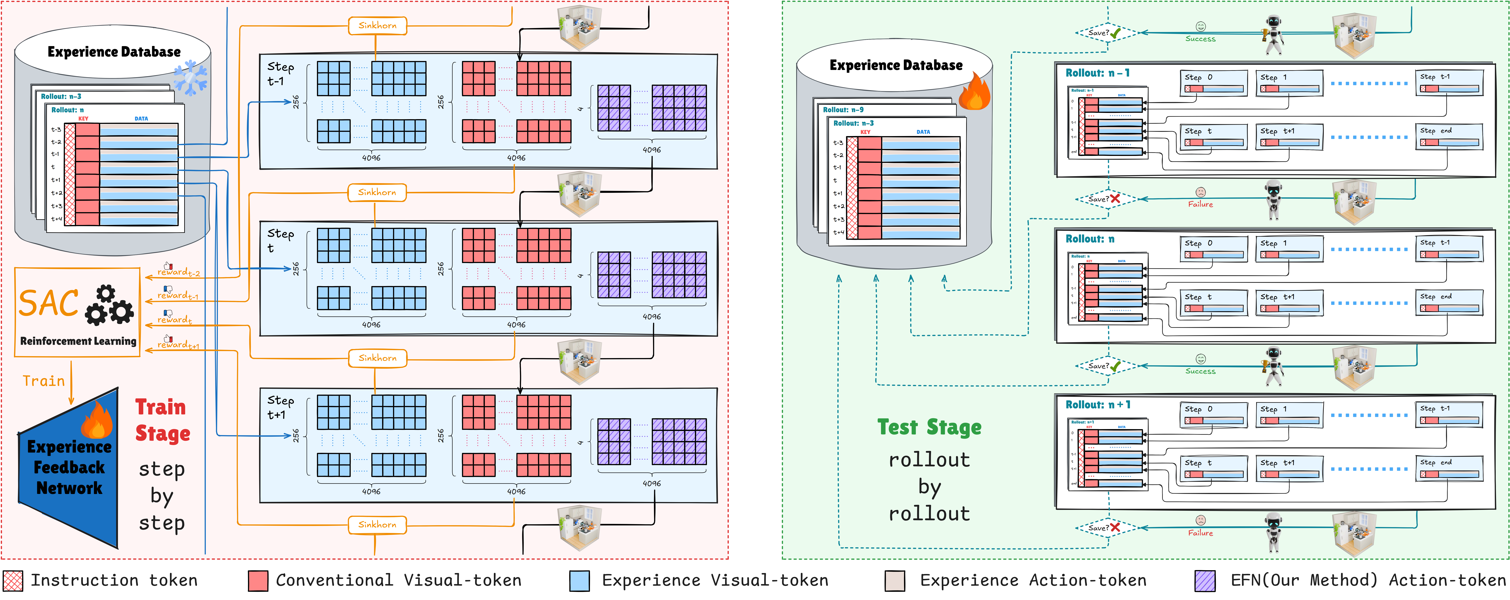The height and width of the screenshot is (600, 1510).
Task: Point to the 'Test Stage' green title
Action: (929, 427)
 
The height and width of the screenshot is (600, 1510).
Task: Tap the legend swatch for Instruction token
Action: (13, 581)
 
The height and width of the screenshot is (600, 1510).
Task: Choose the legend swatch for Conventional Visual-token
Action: (258, 581)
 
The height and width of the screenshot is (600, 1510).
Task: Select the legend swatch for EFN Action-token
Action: (1205, 581)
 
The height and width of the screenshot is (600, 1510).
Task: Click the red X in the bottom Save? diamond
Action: (1115, 527)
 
